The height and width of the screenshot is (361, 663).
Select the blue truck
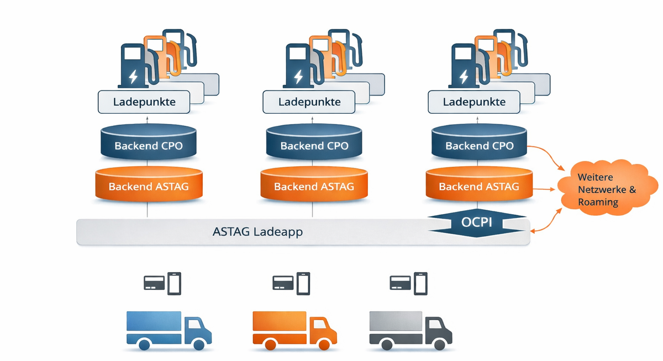[169, 330]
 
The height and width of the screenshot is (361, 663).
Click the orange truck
[294, 330]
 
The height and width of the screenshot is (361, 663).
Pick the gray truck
[410, 330]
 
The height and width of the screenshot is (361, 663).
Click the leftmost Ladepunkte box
[144, 102]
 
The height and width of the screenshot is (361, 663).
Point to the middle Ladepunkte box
[309, 102]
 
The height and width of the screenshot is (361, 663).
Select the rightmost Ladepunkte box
[474, 102]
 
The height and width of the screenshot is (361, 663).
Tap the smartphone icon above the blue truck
[175, 283]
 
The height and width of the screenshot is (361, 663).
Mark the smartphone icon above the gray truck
[420, 283]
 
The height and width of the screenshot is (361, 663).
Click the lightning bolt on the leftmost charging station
[133, 76]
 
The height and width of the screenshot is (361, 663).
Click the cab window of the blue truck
[194, 325]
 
